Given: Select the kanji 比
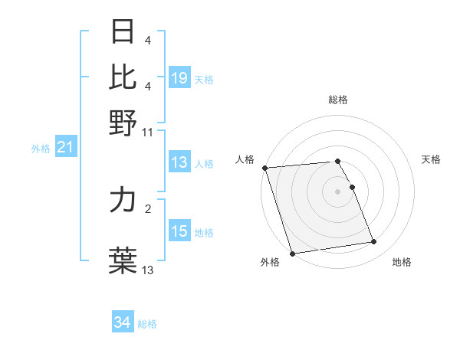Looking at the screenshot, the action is [x=123, y=77].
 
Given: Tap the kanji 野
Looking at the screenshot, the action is [x=123, y=122].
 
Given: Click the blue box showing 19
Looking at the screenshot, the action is [x=179, y=78].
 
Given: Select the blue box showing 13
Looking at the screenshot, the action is [x=179, y=162].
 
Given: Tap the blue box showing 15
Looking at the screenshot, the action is [x=179, y=232].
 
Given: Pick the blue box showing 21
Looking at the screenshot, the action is [x=65, y=148].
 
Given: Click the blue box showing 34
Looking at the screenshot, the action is [x=123, y=323].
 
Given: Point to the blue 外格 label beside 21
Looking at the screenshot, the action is [x=41, y=149].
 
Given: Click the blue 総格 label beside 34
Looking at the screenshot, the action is [x=147, y=324].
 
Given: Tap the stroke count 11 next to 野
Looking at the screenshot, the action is [x=148, y=132].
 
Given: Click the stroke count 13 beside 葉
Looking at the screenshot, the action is [x=148, y=270].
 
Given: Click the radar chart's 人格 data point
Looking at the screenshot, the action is [x=264, y=168].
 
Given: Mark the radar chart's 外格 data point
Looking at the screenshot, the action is [x=292, y=254].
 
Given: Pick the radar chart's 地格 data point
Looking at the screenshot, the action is [x=373, y=242].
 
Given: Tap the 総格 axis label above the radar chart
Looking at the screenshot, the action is [x=337, y=100].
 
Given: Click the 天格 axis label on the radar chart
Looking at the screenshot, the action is [x=432, y=159].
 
